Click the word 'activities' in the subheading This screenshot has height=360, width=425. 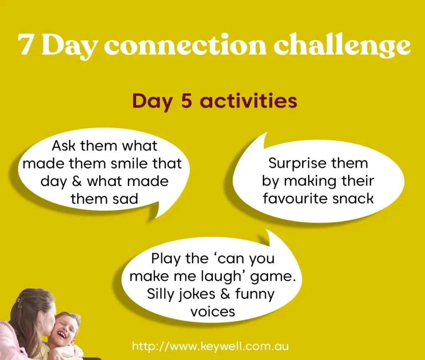point(248,100)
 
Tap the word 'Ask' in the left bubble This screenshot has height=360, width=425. point(63,146)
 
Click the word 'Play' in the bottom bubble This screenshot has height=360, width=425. point(165,259)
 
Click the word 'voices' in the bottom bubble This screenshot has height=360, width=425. point(213,312)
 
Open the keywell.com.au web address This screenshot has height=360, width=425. point(210,346)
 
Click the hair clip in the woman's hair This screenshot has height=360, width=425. point(18,300)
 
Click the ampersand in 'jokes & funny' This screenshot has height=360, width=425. point(225,294)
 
